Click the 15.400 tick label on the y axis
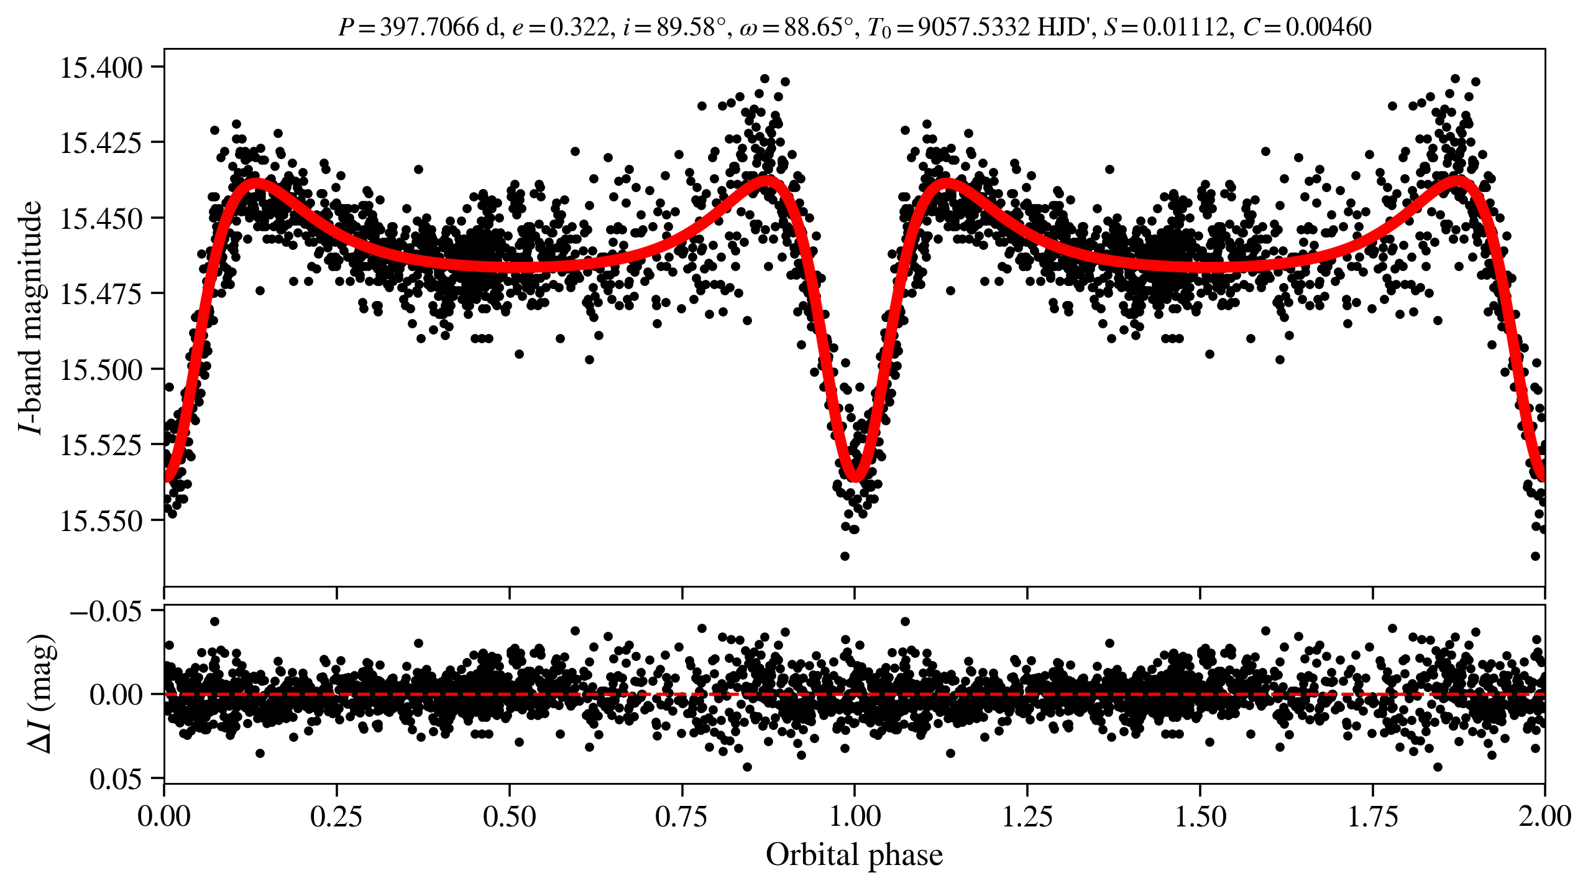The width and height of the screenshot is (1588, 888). [x=101, y=67]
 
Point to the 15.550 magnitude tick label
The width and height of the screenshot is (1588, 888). [x=101, y=520]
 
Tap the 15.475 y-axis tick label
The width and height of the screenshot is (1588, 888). [x=101, y=294]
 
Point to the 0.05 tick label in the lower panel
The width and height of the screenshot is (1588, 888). [x=116, y=778]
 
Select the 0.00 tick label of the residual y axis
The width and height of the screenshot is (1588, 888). [x=116, y=694]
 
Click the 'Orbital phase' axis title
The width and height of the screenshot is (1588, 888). [x=854, y=854]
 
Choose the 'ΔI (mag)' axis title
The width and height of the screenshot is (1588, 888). [x=41, y=693]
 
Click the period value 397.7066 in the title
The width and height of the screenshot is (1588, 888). [x=429, y=27]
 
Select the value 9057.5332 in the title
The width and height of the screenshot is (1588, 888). [x=974, y=27]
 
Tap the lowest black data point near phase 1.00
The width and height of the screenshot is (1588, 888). [x=845, y=556]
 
